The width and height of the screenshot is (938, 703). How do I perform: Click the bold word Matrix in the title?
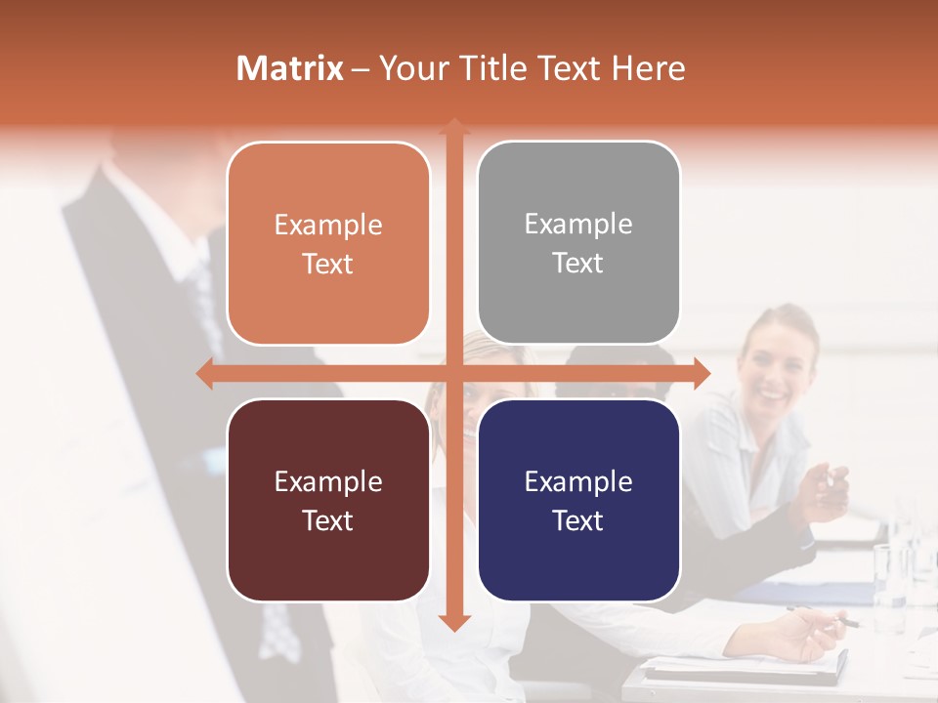click(290, 68)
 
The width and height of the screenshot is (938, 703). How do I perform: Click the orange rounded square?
click(328, 243)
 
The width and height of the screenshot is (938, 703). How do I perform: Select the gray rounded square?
click(578, 243)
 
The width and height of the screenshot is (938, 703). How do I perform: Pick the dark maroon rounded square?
click(328, 500)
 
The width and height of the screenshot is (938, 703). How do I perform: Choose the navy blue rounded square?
click(578, 500)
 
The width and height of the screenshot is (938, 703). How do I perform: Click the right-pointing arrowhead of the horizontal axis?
click(701, 373)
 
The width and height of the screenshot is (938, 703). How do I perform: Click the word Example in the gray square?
click(578, 224)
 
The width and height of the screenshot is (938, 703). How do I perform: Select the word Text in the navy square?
click(578, 520)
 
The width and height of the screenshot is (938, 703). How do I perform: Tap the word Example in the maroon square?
click(328, 481)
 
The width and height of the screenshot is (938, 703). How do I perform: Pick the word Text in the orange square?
click(328, 264)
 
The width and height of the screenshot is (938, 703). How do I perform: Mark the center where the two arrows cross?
click(453, 373)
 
